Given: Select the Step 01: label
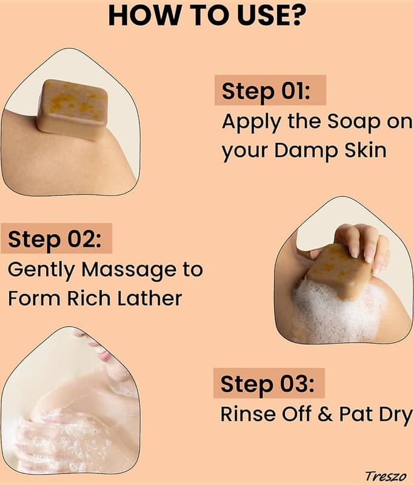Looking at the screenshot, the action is (266, 91).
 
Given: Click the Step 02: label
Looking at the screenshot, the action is (55, 239).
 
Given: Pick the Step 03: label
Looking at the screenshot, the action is (267, 384).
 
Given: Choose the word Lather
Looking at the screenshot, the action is (150, 298).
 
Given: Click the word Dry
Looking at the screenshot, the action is (396, 415).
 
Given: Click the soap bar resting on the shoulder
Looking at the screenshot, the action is (72, 109).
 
